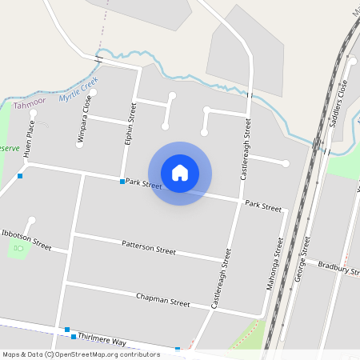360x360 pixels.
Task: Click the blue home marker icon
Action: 180,172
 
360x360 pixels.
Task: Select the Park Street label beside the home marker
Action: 143,186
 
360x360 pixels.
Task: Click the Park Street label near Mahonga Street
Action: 263,206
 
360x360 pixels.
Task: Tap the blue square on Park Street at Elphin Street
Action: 122,182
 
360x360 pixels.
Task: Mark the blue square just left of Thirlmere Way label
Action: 68,330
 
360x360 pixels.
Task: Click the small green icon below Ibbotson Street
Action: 17,250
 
